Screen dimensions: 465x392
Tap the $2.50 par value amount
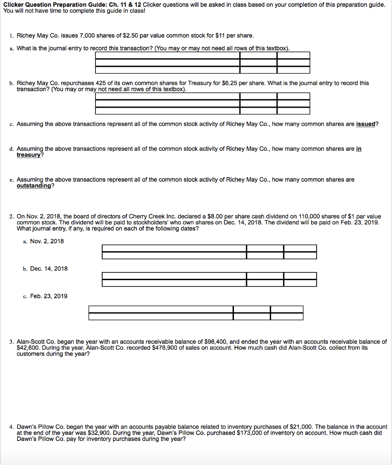click(127, 35)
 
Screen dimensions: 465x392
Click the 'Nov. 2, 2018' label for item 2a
click(47, 241)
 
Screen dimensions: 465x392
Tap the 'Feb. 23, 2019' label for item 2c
click(49, 296)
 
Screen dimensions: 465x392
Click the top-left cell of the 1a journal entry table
click(167, 55)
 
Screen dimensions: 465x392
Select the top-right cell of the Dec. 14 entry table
click(300, 276)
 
